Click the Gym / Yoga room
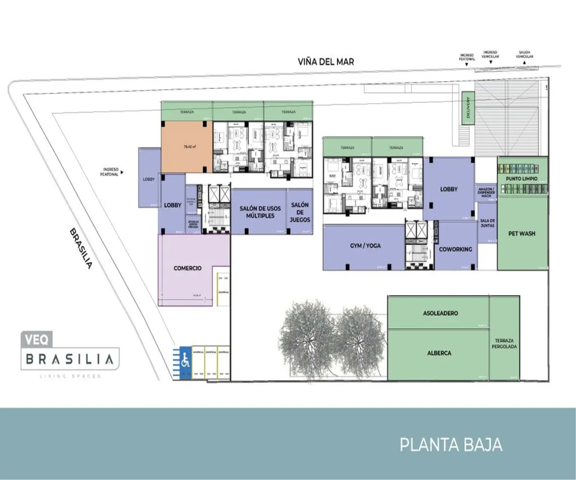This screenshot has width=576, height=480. click(x=365, y=246)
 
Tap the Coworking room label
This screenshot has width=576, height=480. click(x=455, y=249)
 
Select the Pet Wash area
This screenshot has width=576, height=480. click(x=521, y=234)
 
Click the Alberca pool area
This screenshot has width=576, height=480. click(x=439, y=353)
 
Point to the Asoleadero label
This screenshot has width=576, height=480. click(x=440, y=313)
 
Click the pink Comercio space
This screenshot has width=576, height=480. click(x=188, y=268)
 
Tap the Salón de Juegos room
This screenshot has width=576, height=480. click(x=300, y=212)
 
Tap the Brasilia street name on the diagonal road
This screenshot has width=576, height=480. click(x=80, y=248)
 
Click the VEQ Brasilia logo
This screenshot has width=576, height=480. click(x=69, y=354)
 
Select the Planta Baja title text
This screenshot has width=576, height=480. click(x=451, y=444)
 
